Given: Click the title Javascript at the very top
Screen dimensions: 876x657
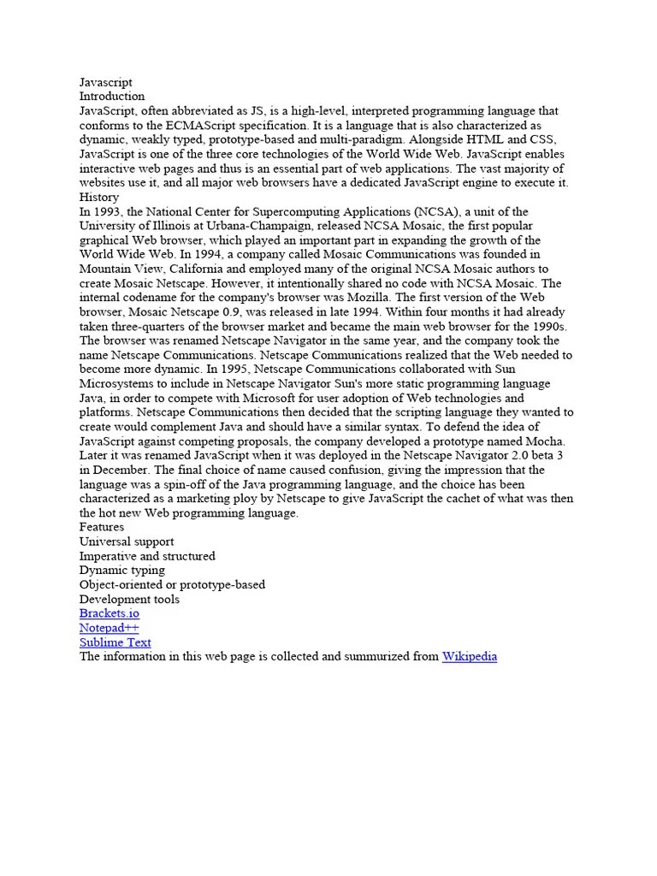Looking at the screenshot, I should pyautogui.click(x=106, y=82).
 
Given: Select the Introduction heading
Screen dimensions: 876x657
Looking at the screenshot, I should pyautogui.click(x=112, y=97).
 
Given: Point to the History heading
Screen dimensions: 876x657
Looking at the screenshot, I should pyautogui.click(x=99, y=197).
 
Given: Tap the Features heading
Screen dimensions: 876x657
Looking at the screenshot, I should pyautogui.click(x=102, y=527).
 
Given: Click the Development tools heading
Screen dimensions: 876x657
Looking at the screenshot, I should pyautogui.click(x=129, y=599).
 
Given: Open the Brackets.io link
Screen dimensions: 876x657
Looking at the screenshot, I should pyautogui.click(x=109, y=613).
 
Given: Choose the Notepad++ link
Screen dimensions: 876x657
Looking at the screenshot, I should pyautogui.click(x=109, y=628).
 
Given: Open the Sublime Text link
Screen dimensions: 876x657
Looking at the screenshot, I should pyautogui.click(x=115, y=642).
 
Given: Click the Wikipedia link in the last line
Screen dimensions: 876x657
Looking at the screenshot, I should pyautogui.click(x=469, y=656).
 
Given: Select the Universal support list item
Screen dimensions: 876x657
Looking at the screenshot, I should pyautogui.click(x=127, y=542).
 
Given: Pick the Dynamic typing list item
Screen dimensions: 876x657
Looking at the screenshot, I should pyautogui.click(x=122, y=570).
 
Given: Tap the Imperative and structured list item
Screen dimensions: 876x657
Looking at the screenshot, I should pyautogui.click(x=147, y=556).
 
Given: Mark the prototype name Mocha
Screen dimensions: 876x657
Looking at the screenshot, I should pyautogui.click(x=545, y=441).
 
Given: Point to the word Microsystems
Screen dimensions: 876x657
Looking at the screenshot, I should pyautogui.click(x=117, y=383).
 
